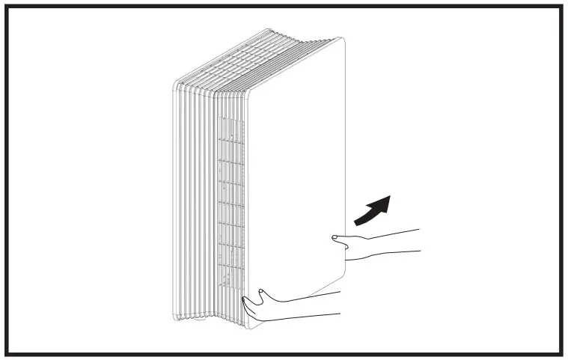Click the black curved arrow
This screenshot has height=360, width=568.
coord(372,209)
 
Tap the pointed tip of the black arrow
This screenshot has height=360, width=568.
coord(391,196)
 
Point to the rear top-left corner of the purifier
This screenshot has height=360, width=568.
coord(177,81)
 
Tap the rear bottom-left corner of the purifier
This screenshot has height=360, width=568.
coord(177,317)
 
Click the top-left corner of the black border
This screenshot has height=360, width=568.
coord(7,7)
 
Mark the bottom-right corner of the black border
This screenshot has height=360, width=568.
coord(561,353)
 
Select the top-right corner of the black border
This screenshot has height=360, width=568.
coord(561,7)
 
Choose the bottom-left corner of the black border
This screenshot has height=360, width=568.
coord(7,353)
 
